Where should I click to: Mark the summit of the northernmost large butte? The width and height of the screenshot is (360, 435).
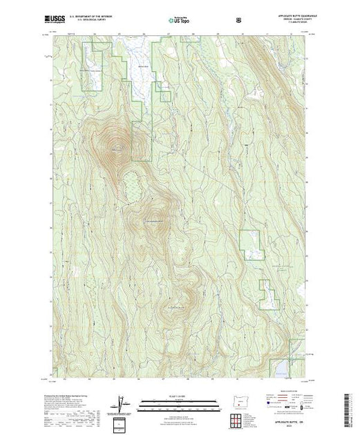(113, 146)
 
